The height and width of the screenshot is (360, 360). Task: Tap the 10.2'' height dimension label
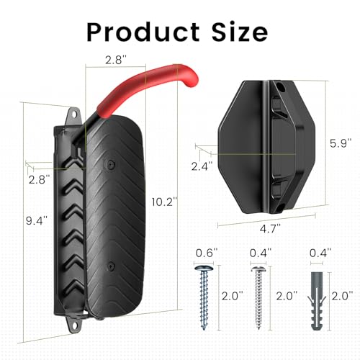tap(164, 202)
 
